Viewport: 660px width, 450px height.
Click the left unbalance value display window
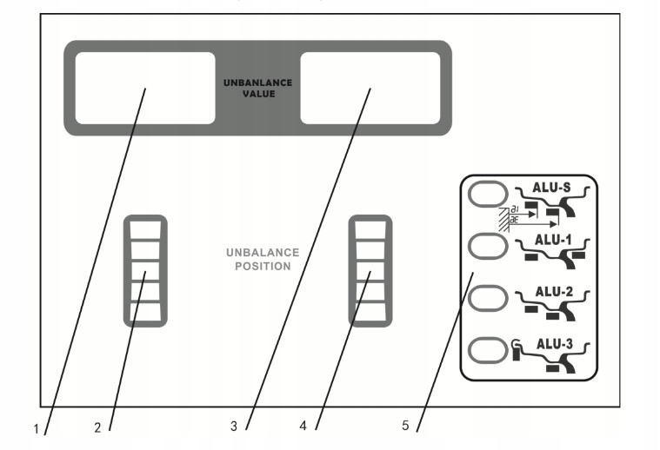144,88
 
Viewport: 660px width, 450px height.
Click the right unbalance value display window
370,88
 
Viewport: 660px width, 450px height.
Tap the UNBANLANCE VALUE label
257,88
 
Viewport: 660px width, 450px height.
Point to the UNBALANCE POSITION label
263,259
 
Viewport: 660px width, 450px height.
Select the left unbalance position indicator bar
145,270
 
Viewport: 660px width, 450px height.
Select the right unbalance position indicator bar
370,270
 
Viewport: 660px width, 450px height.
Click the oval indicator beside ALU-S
487,194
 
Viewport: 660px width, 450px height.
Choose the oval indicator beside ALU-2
487,299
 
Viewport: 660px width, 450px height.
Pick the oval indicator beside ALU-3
487,351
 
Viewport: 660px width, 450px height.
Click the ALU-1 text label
550,240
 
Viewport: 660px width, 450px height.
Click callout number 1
37,428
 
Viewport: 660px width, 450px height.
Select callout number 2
98,427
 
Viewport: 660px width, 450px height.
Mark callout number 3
234,427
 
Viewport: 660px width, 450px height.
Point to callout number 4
303,427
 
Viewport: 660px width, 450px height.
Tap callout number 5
405,427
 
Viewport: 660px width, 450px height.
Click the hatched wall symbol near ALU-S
502,220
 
